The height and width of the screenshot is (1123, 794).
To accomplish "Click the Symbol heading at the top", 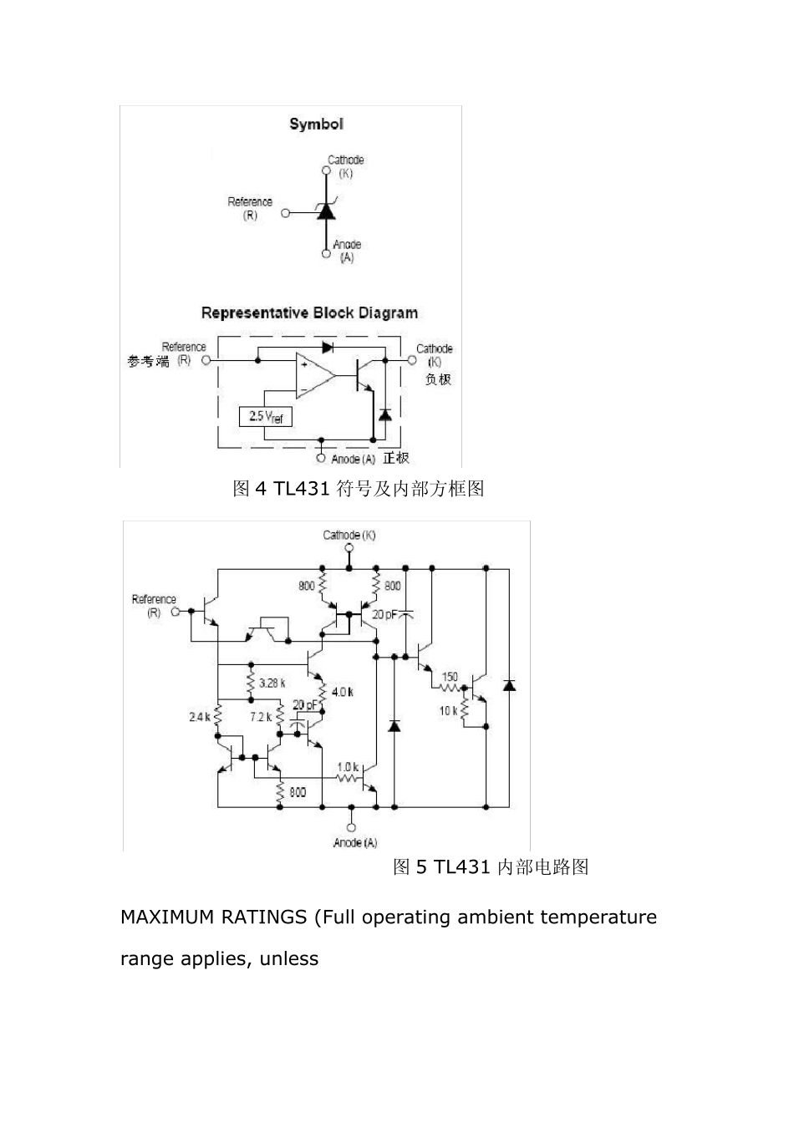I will pos(316,124).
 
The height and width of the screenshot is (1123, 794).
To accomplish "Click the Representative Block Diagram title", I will pos(309,313).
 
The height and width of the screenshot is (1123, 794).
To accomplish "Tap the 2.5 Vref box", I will pos(266,416).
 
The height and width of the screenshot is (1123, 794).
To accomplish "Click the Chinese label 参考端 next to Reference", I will pos(148,362).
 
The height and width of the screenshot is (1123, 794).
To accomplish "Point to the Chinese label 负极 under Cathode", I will pos(438,379).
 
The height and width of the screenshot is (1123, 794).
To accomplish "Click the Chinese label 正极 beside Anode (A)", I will pos(396,458).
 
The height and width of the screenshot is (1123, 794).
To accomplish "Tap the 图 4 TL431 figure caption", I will pos(358,489).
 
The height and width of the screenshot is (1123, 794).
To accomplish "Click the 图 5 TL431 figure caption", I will pos(491,867).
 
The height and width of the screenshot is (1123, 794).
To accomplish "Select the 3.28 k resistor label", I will pos(272,683).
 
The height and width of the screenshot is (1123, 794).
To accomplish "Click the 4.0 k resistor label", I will pos(342,692).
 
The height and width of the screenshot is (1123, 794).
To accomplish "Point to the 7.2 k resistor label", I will pos(260,717).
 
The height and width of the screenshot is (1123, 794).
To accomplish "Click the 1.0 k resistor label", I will pos(347,766).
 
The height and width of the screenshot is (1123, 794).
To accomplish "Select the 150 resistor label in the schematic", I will pos(449,677).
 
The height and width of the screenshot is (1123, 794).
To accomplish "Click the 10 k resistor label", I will pos(449,711).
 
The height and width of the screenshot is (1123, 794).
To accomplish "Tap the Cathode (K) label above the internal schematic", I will pos(349,535).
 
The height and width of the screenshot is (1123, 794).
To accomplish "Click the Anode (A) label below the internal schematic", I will pos(355,842).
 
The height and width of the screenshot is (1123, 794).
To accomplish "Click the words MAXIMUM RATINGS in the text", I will pos(213,917).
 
